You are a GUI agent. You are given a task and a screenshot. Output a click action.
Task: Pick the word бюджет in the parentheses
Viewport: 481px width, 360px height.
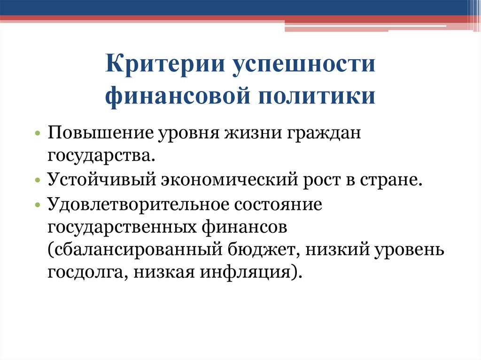click(x=264, y=250)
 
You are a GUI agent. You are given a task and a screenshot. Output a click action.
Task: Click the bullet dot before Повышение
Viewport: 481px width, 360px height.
click(x=37, y=134)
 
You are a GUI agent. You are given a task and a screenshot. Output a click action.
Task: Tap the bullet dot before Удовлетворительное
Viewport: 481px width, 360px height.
click(x=37, y=206)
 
